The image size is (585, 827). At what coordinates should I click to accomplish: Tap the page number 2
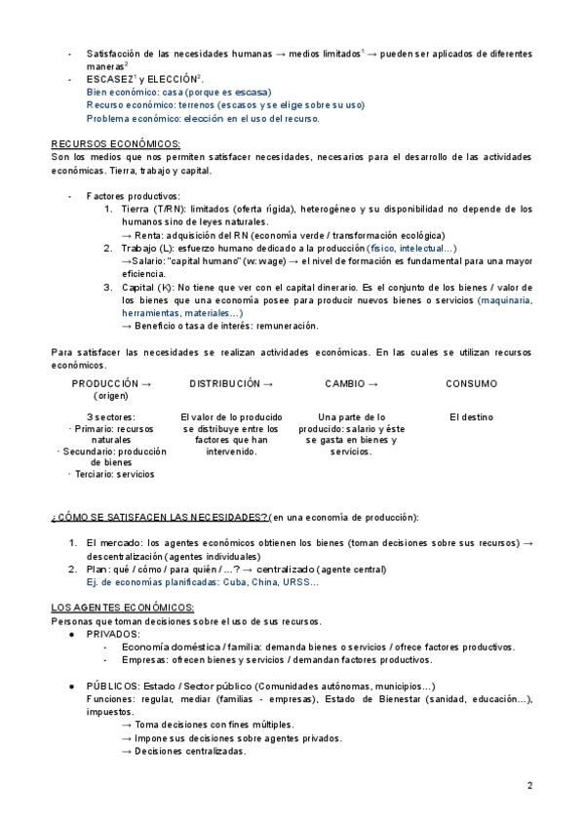tap(530, 785)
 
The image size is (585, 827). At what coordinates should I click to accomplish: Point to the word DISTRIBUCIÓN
tap(225, 384)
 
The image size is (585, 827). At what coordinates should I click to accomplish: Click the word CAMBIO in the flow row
tap(346, 384)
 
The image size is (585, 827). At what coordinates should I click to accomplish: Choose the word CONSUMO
tap(471, 384)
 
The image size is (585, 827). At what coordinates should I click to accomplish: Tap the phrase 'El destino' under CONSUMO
tap(471, 417)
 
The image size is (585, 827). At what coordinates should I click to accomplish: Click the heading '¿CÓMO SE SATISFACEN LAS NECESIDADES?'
tap(159, 516)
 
